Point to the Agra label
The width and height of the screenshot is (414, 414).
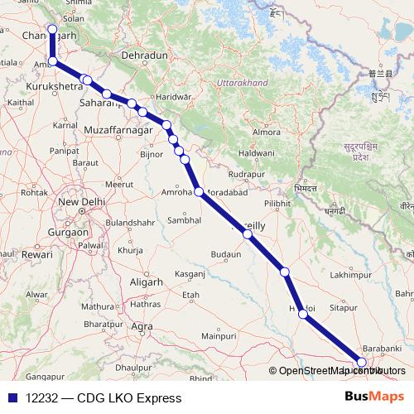[x=142, y=326]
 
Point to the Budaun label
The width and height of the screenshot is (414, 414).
[x=227, y=253]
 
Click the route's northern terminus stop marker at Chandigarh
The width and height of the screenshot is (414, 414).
[x=52, y=30]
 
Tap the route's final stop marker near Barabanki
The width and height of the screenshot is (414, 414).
[x=361, y=362]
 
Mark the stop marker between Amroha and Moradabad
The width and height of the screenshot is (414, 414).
[x=199, y=192]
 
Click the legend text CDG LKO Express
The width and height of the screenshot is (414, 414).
[x=129, y=398]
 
